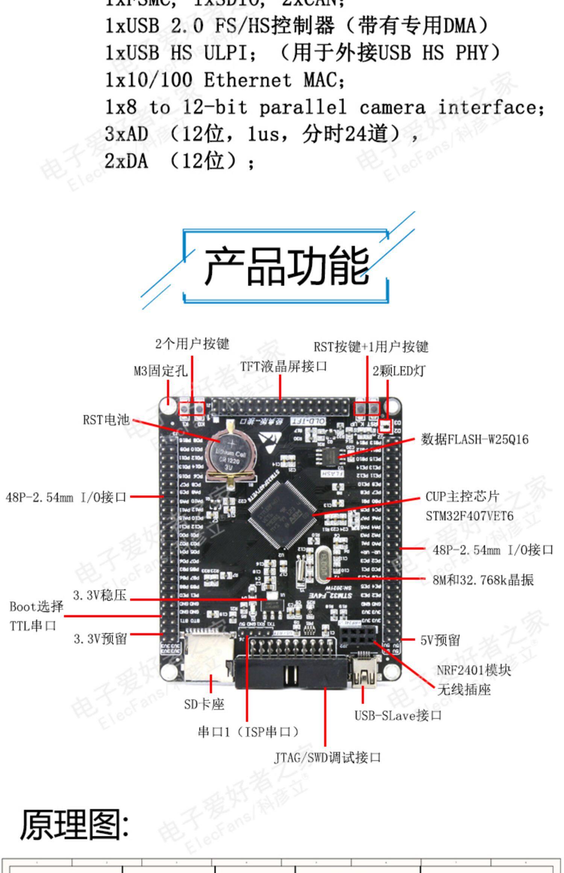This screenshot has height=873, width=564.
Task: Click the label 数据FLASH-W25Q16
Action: (x=475, y=439)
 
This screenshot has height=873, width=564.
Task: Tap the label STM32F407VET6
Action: (x=469, y=516)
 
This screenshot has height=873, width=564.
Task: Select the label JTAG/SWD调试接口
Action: (x=327, y=758)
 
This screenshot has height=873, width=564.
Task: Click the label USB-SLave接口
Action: (x=398, y=715)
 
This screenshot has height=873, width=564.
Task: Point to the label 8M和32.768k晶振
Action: (x=483, y=580)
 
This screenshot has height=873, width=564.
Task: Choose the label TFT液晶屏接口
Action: (x=284, y=366)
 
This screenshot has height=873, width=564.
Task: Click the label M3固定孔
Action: (x=161, y=371)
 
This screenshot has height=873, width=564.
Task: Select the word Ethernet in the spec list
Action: (x=247, y=80)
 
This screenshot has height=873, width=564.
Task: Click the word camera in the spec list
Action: (x=392, y=108)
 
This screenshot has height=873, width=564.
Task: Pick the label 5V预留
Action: (x=440, y=640)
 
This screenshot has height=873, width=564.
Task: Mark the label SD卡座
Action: (x=204, y=704)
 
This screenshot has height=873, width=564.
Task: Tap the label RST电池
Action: (x=106, y=420)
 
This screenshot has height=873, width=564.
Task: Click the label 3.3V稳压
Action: (x=100, y=595)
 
